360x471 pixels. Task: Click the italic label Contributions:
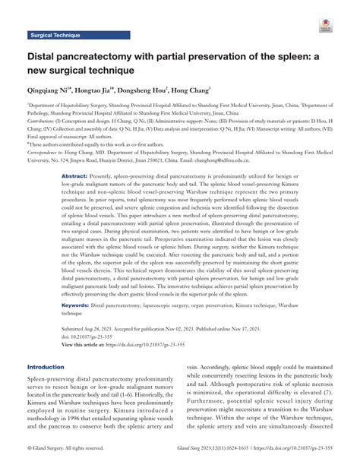point(44,121)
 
